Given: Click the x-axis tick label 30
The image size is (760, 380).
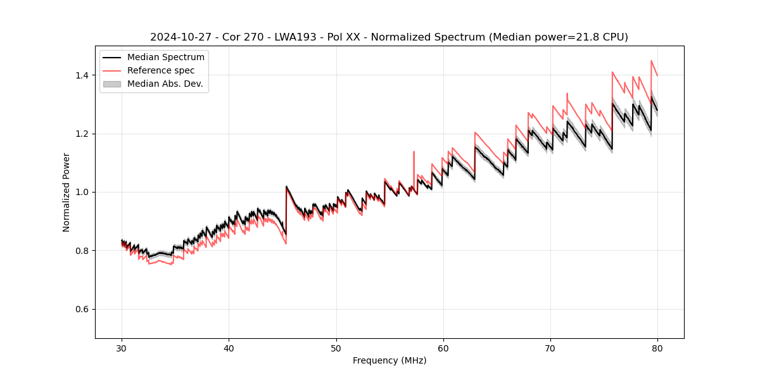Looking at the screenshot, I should (122, 348).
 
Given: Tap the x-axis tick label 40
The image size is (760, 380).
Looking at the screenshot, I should (229, 348).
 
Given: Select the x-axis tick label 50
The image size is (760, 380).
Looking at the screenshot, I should (336, 348).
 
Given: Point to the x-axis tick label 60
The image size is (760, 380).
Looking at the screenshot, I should (443, 348).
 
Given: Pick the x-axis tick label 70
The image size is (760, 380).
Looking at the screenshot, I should (550, 348).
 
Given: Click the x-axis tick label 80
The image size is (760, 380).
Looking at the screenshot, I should (657, 348).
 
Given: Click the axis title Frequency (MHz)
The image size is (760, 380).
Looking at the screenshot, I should (389, 361).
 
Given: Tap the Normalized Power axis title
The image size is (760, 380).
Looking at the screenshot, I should (66, 192).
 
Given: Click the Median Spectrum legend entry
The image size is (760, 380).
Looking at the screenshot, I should (165, 58).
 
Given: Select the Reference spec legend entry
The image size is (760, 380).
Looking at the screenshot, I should (161, 70).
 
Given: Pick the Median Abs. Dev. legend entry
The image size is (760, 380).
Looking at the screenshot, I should (165, 84).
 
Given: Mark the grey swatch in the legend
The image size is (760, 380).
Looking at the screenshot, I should (111, 84).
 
